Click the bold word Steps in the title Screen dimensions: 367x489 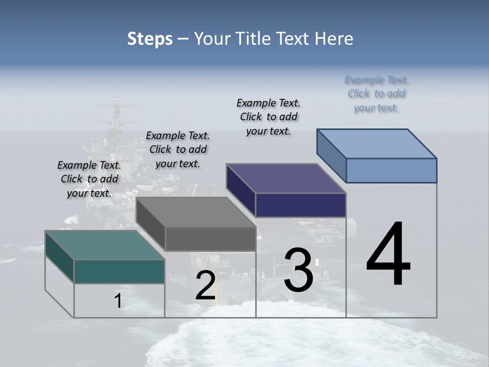pyautogui.click(x=150, y=39)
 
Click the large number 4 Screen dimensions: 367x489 pyautogui.click(x=388, y=254)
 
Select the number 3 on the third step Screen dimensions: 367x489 pyautogui.click(x=298, y=270)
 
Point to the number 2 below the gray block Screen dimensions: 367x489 pyautogui.click(x=205, y=286)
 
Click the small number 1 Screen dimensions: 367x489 pyautogui.click(x=118, y=301)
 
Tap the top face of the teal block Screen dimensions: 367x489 pyautogui.click(x=104, y=245)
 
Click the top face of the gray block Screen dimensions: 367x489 pyautogui.click(x=196, y=212)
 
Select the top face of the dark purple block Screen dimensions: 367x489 pyautogui.click(x=286, y=178)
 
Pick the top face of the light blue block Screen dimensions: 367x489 pyautogui.click(x=377, y=144)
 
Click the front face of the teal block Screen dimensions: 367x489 pyautogui.click(x=119, y=271)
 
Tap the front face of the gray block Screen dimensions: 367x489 pyautogui.click(x=210, y=239)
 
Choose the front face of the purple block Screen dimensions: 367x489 pyautogui.click(x=301, y=205)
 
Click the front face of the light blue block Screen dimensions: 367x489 pyautogui.click(x=391, y=170)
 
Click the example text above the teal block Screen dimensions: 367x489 pyautogui.click(x=89, y=179)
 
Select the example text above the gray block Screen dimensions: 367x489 pyautogui.click(x=178, y=149)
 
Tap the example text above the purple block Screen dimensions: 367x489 pyautogui.click(x=268, y=117)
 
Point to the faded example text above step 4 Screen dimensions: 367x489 pyautogui.click(x=376, y=93)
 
